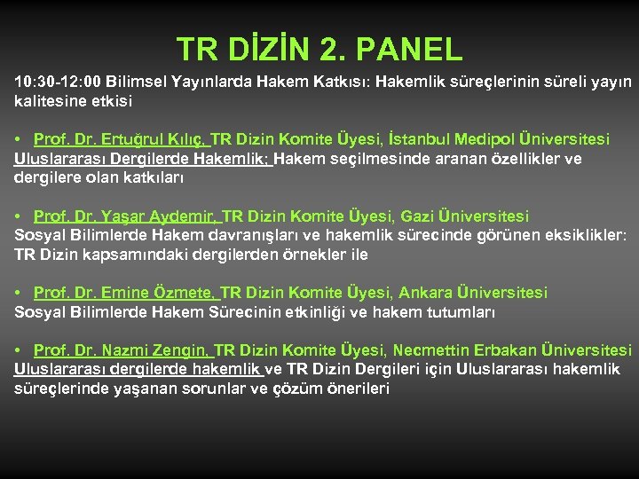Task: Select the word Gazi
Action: click(x=417, y=216)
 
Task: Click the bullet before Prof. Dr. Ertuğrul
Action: click(x=19, y=140)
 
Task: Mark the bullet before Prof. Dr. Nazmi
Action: click(x=19, y=351)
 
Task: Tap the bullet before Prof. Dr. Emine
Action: click(x=19, y=294)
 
